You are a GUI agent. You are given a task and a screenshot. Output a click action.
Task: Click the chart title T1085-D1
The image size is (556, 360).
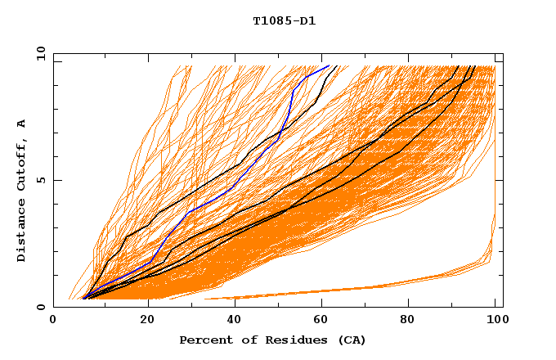284,20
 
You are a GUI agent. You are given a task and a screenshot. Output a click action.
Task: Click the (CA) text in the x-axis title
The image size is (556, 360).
351,340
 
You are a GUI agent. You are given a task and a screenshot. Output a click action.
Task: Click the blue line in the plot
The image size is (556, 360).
219,197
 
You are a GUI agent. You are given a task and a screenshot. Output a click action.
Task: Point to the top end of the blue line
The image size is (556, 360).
329,66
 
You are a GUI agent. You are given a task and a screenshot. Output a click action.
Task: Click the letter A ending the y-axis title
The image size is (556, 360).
22,124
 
